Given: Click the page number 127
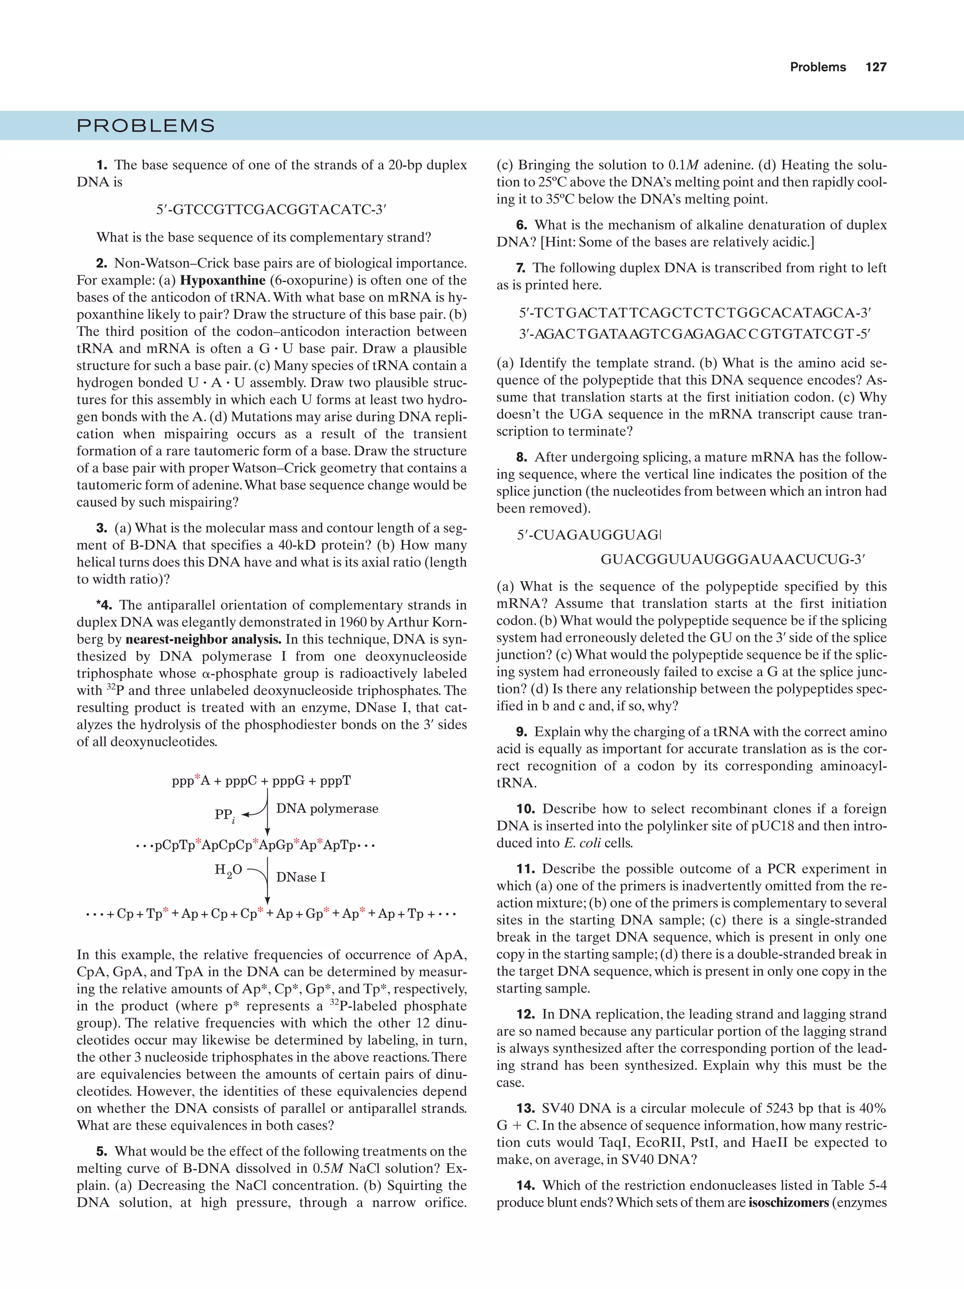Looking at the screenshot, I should point(876,67).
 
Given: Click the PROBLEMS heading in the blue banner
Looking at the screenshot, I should point(146,126).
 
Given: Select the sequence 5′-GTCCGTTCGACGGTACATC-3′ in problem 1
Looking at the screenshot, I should point(271,210).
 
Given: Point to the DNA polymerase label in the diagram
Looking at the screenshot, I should point(327,809).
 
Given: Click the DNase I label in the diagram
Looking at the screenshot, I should point(300,877).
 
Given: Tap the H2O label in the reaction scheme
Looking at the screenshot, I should point(228,870).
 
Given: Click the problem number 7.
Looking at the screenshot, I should point(521,268).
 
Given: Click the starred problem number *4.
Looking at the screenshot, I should point(104,605).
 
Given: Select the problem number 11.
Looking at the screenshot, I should point(525,869).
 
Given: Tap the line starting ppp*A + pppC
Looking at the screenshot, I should point(261,781).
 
